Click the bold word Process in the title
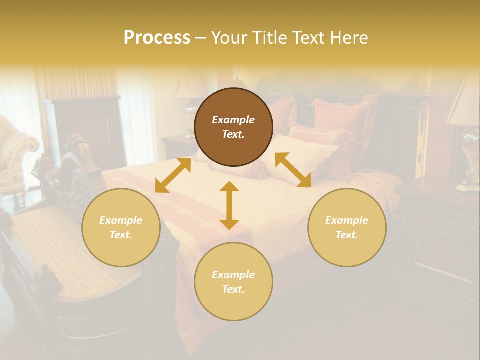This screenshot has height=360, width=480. pos(157,38)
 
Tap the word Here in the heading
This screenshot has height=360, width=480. pos(349,38)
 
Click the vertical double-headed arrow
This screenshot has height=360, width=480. pos(229,205)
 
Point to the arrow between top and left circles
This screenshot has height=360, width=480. pos(173,175)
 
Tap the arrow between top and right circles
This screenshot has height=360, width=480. pos(293,170)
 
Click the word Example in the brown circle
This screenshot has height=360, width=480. pos(233,120)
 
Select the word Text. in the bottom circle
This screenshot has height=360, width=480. pos(233,289)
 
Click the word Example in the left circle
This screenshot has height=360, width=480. pos(121,220)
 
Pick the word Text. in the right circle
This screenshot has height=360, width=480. pos(347,235)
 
